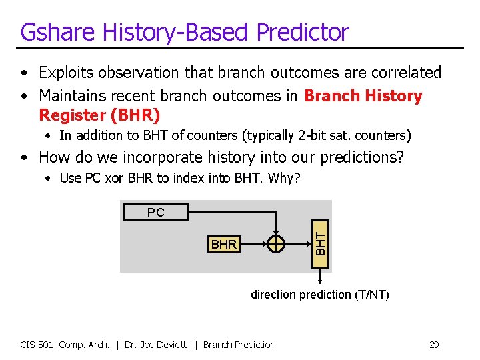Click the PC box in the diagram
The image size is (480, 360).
point(155,212)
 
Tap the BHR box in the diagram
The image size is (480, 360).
point(223,245)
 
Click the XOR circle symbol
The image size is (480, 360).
point(276,245)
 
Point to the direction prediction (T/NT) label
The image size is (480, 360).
point(319,295)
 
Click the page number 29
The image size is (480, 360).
point(433,345)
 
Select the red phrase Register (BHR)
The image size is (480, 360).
point(99,115)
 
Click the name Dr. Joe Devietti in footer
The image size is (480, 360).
point(161,345)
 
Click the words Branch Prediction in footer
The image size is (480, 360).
point(239,345)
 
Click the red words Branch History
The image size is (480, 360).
point(363,96)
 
